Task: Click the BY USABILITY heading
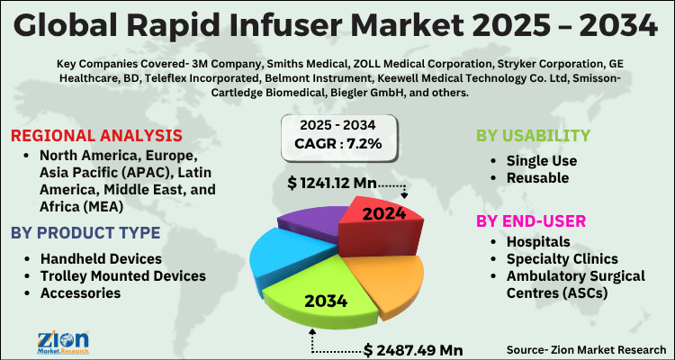tap(533, 136)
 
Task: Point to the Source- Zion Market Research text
tap(583, 349)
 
